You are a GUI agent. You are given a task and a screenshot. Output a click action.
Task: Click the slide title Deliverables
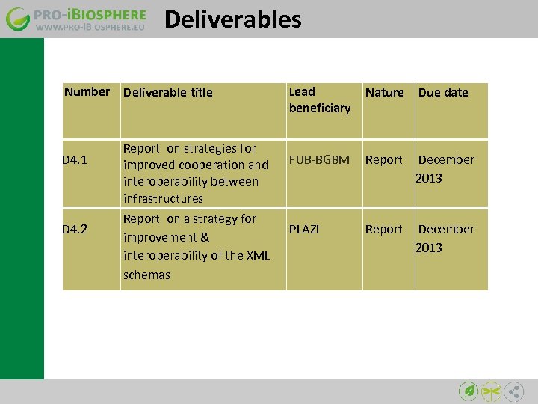232,19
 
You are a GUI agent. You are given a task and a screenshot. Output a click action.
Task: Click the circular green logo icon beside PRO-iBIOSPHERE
18,19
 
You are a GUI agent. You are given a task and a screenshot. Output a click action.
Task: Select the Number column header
87,92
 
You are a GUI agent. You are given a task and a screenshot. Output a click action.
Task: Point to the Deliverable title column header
168,93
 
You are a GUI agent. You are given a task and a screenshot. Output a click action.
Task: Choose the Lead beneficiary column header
319,100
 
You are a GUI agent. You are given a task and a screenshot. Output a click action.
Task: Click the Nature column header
384,93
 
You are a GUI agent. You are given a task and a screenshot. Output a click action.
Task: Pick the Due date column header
443,93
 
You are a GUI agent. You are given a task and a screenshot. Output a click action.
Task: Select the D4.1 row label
75,160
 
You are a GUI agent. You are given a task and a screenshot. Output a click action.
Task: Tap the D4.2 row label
75,229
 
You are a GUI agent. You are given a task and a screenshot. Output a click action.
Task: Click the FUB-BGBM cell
319,160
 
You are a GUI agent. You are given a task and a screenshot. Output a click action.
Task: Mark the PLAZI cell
304,229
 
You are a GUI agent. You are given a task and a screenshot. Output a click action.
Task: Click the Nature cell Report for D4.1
383,160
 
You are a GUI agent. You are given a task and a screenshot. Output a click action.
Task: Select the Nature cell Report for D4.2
383,229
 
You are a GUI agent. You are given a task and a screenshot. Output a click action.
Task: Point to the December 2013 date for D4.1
445,169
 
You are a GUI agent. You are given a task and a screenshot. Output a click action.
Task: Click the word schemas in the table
146,275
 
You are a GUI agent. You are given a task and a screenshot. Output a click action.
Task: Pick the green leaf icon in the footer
469,391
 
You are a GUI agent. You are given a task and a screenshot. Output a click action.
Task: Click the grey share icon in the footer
514,391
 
